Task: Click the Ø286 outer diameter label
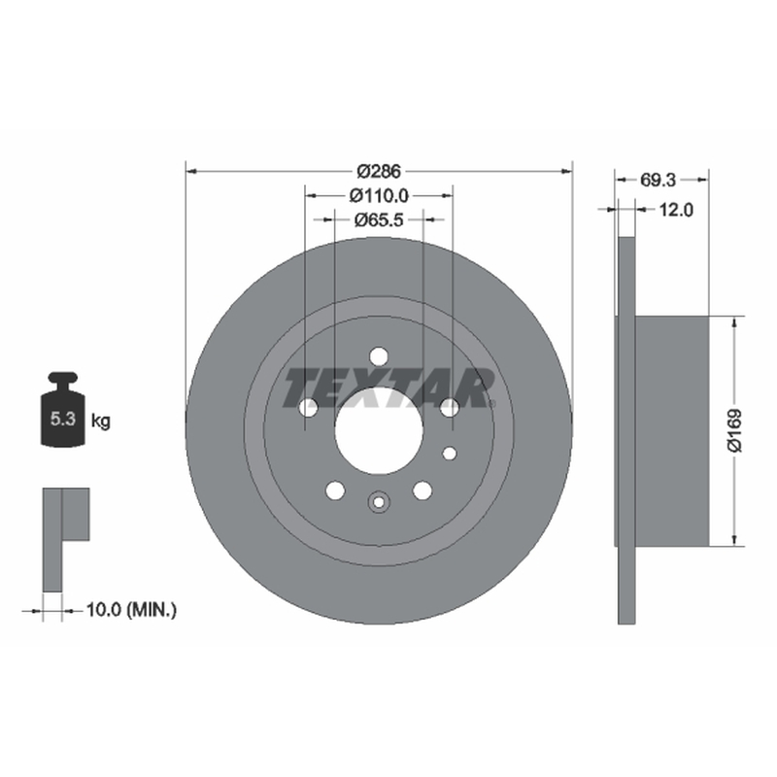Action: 379,172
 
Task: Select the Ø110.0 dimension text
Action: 379,196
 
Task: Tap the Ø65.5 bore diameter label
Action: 379,220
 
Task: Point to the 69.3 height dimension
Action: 658,180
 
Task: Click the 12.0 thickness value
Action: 676,210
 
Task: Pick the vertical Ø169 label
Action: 735,430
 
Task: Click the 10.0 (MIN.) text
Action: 131,609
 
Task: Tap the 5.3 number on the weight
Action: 63,419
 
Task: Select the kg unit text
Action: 101,422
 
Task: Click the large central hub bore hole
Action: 379,430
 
